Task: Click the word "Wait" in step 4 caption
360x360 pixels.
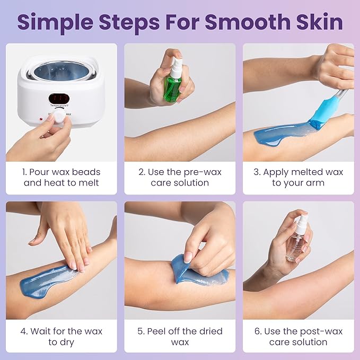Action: pos(42,331)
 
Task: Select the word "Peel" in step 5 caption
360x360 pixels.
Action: pos(159,331)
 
